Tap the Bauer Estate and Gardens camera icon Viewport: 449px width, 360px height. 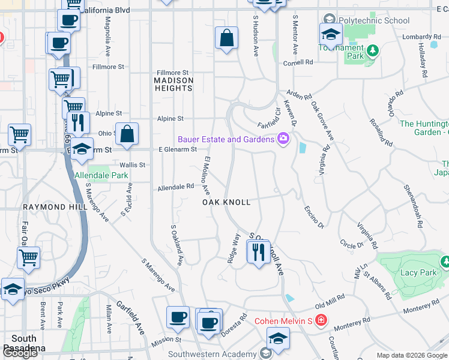pos(283,139)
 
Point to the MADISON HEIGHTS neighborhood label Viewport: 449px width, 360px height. pos(173,84)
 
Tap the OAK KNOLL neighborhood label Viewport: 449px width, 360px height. pos(226,202)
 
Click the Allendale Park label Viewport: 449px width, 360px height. pos(101,175)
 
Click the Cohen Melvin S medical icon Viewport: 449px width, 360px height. pos(321,320)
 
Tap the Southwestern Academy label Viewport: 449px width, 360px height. pos(213,354)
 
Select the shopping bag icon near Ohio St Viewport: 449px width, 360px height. pos(127,135)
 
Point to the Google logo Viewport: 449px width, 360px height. pos(20,353)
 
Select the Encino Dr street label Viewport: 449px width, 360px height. pos(314,217)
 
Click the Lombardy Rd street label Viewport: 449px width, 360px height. pos(418,37)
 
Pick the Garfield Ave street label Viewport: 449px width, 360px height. pos(130,318)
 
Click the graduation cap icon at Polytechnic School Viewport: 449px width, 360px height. pos(330,35)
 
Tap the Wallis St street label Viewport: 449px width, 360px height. pos(133,164)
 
